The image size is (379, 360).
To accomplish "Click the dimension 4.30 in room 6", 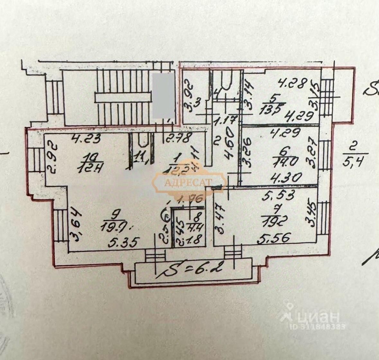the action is (281, 177).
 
